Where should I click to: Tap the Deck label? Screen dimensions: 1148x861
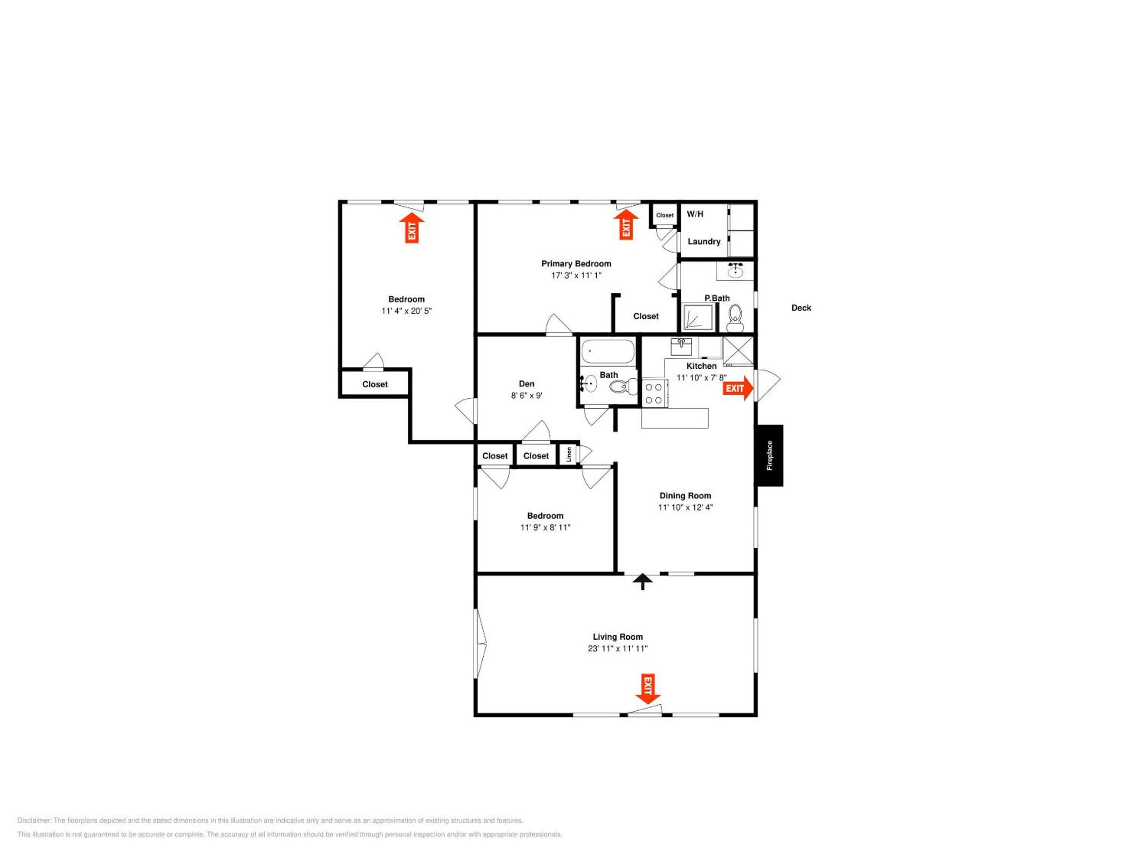click(801, 308)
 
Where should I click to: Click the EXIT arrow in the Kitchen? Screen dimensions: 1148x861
click(738, 388)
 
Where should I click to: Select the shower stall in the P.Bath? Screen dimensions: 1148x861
click(698, 317)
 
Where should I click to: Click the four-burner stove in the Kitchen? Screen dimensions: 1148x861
click(654, 393)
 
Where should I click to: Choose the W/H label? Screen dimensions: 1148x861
click(695, 214)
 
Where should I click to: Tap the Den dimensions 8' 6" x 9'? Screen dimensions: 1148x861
click(526, 395)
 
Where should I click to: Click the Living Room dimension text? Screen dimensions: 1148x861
click(617, 648)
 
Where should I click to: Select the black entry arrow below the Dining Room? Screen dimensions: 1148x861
click(643, 581)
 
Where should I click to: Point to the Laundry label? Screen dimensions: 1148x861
click(704, 241)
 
